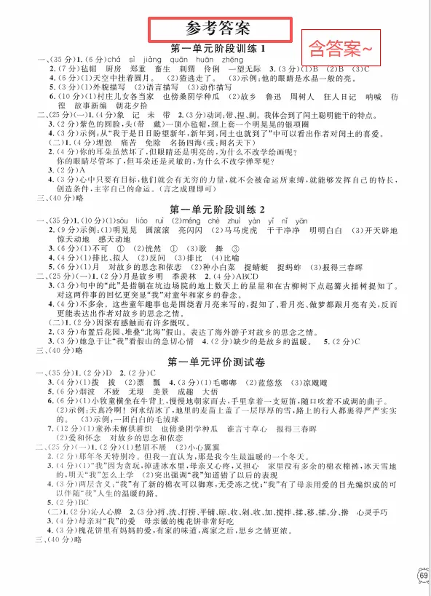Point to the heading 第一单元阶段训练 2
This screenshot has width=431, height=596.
coord(217,211)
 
